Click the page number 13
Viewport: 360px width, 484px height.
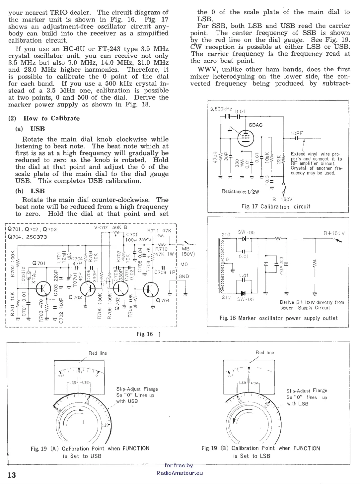tap(11, 475)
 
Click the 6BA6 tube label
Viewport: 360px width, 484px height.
tap(255, 125)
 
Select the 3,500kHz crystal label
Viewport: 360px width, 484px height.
tap(221, 109)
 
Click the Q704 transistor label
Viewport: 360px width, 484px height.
tap(163, 301)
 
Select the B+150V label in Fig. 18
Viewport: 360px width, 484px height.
tap(334, 233)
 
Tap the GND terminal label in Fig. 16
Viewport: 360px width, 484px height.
tap(184, 276)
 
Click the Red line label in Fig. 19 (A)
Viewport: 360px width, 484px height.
tap(98, 353)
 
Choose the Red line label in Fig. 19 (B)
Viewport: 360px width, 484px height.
tap(265, 352)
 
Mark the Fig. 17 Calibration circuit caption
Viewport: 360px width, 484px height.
tap(276, 207)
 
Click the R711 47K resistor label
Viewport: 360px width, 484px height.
tap(159, 231)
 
